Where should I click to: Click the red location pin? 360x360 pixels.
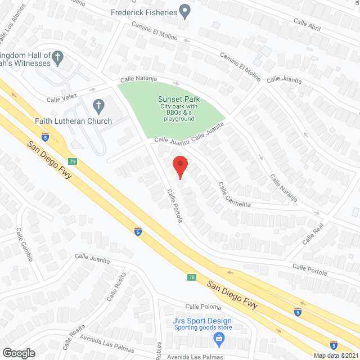pyautogui.click(x=179, y=167)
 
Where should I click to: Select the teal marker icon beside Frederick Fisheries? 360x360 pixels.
pyautogui.click(x=184, y=11)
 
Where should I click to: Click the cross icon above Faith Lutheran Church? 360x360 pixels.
pyautogui.click(x=98, y=105)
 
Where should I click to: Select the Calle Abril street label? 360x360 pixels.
pyautogui.click(x=307, y=24)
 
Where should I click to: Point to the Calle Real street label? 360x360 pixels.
pyautogui.click(x=313, y=232)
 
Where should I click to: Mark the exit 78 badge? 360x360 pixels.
pyautogui.click(x=192, y=277)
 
